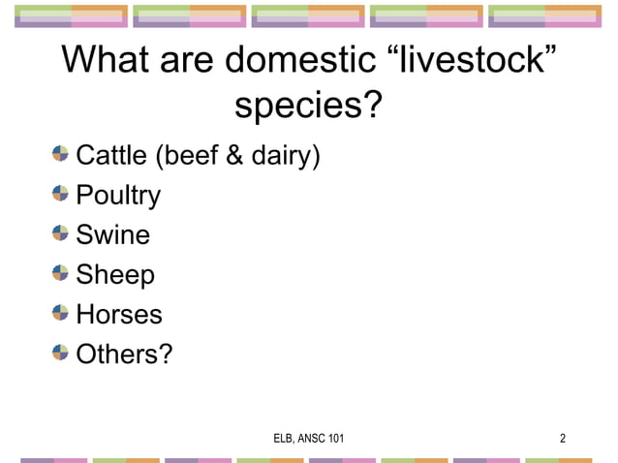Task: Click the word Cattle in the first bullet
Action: [x=108, y=155]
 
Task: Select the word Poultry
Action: [x=118, y=196]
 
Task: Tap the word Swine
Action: [x=113, y=235]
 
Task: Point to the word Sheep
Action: [x=115, y=276]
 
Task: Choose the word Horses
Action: [x=119, y=315]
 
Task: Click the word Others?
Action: [x=124, y=355]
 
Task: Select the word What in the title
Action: [x=104, y=60]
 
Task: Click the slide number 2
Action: [x=563, y=439]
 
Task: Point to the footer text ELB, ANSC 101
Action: [x=309, y=439]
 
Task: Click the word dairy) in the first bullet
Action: [x=286, y=155]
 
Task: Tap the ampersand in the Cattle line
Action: [x=233, y=155]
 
